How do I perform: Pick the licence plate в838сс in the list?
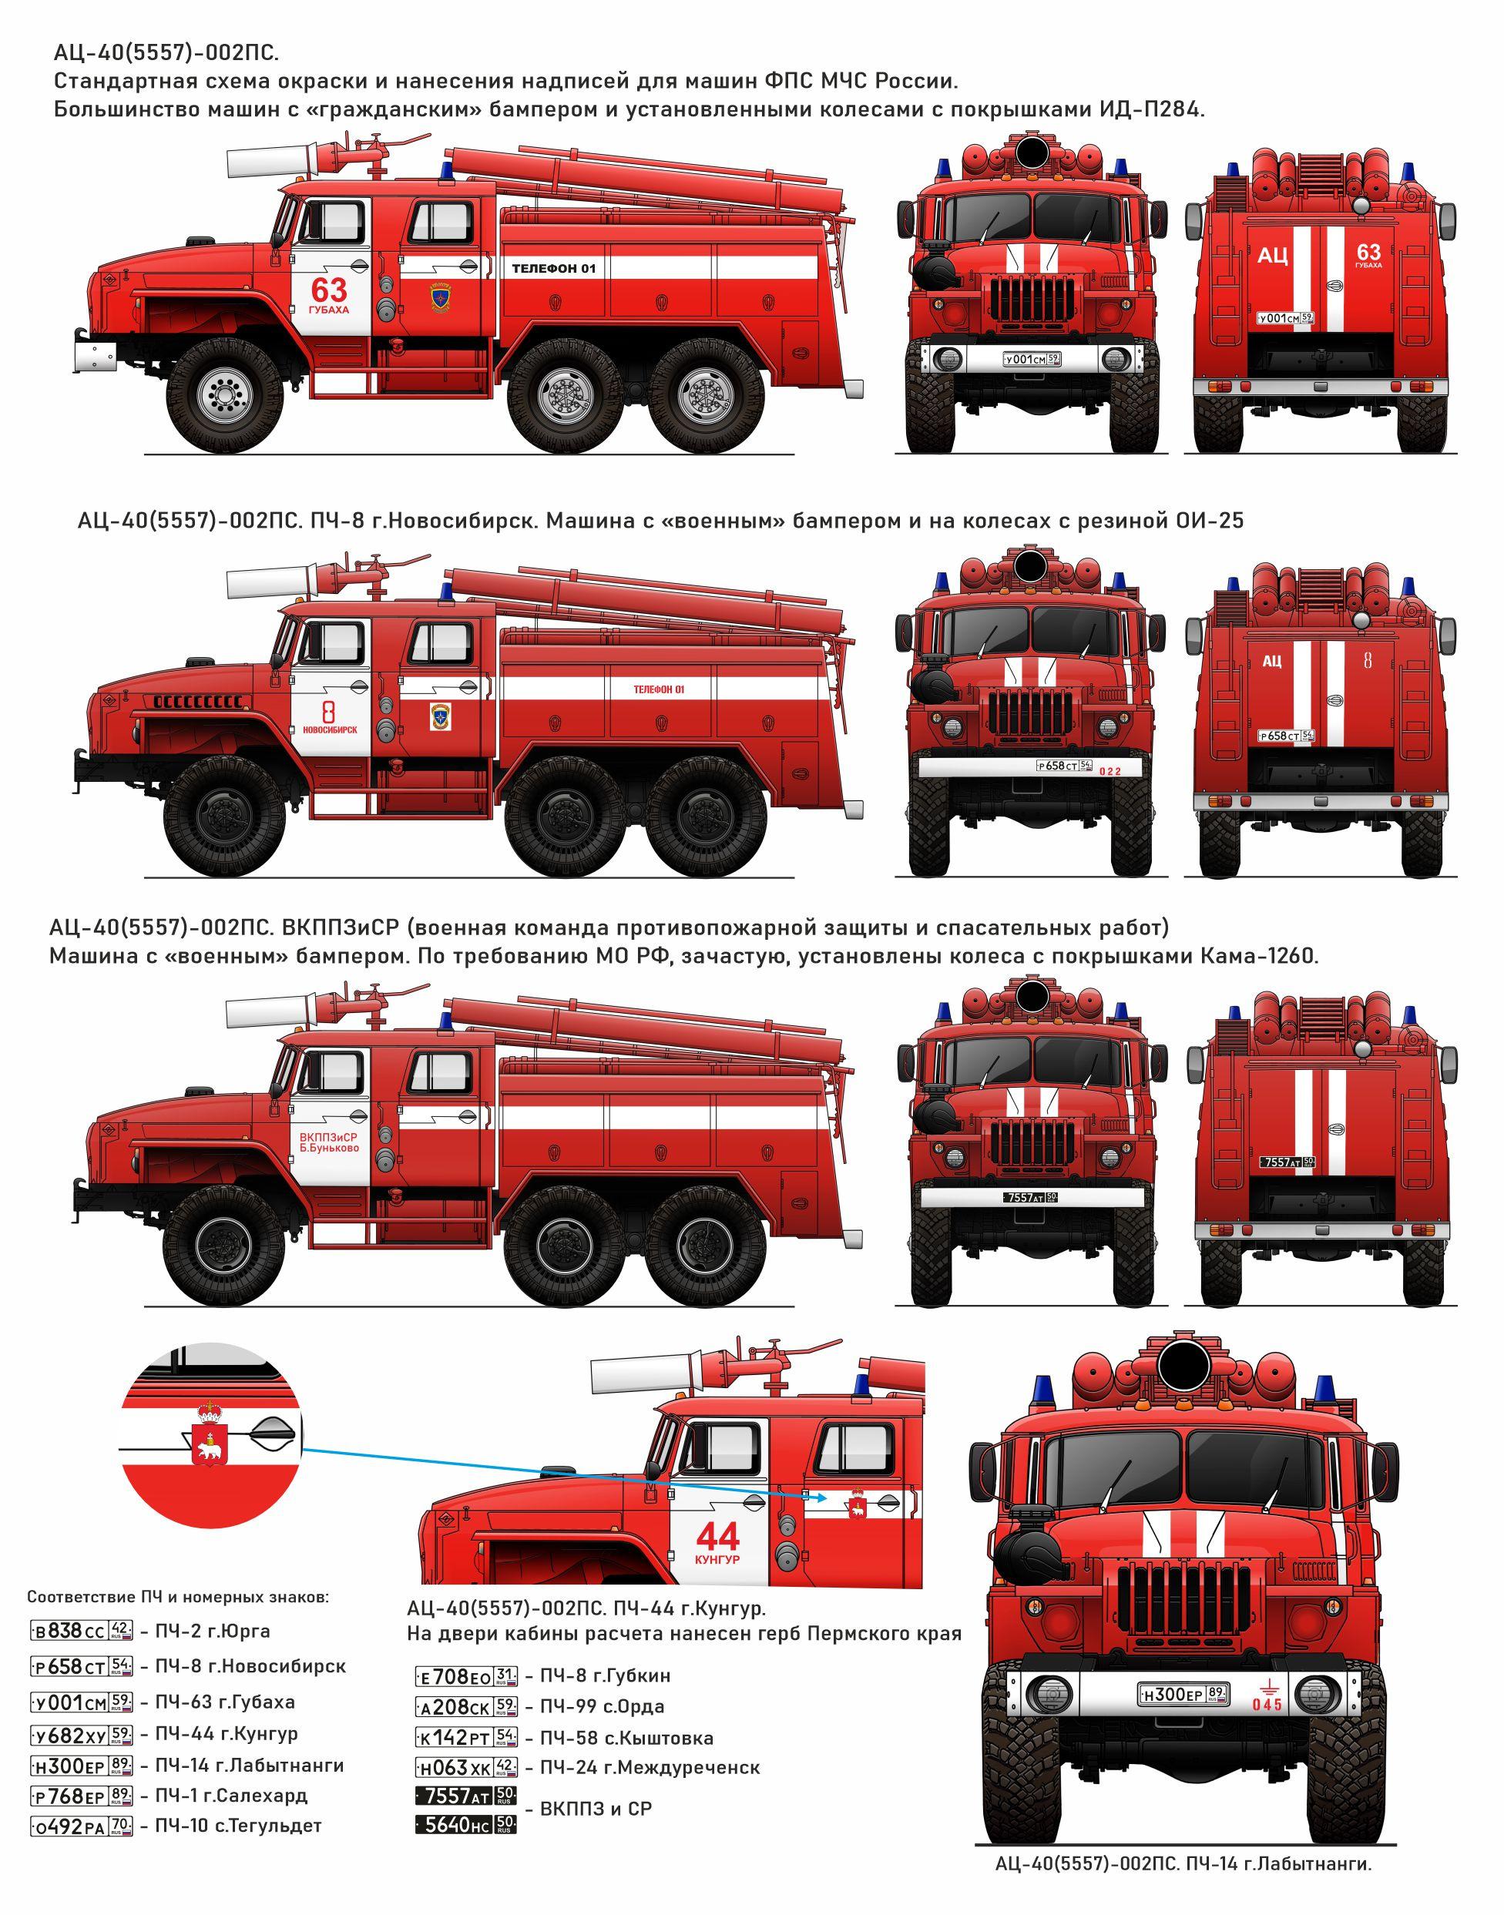81,1631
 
